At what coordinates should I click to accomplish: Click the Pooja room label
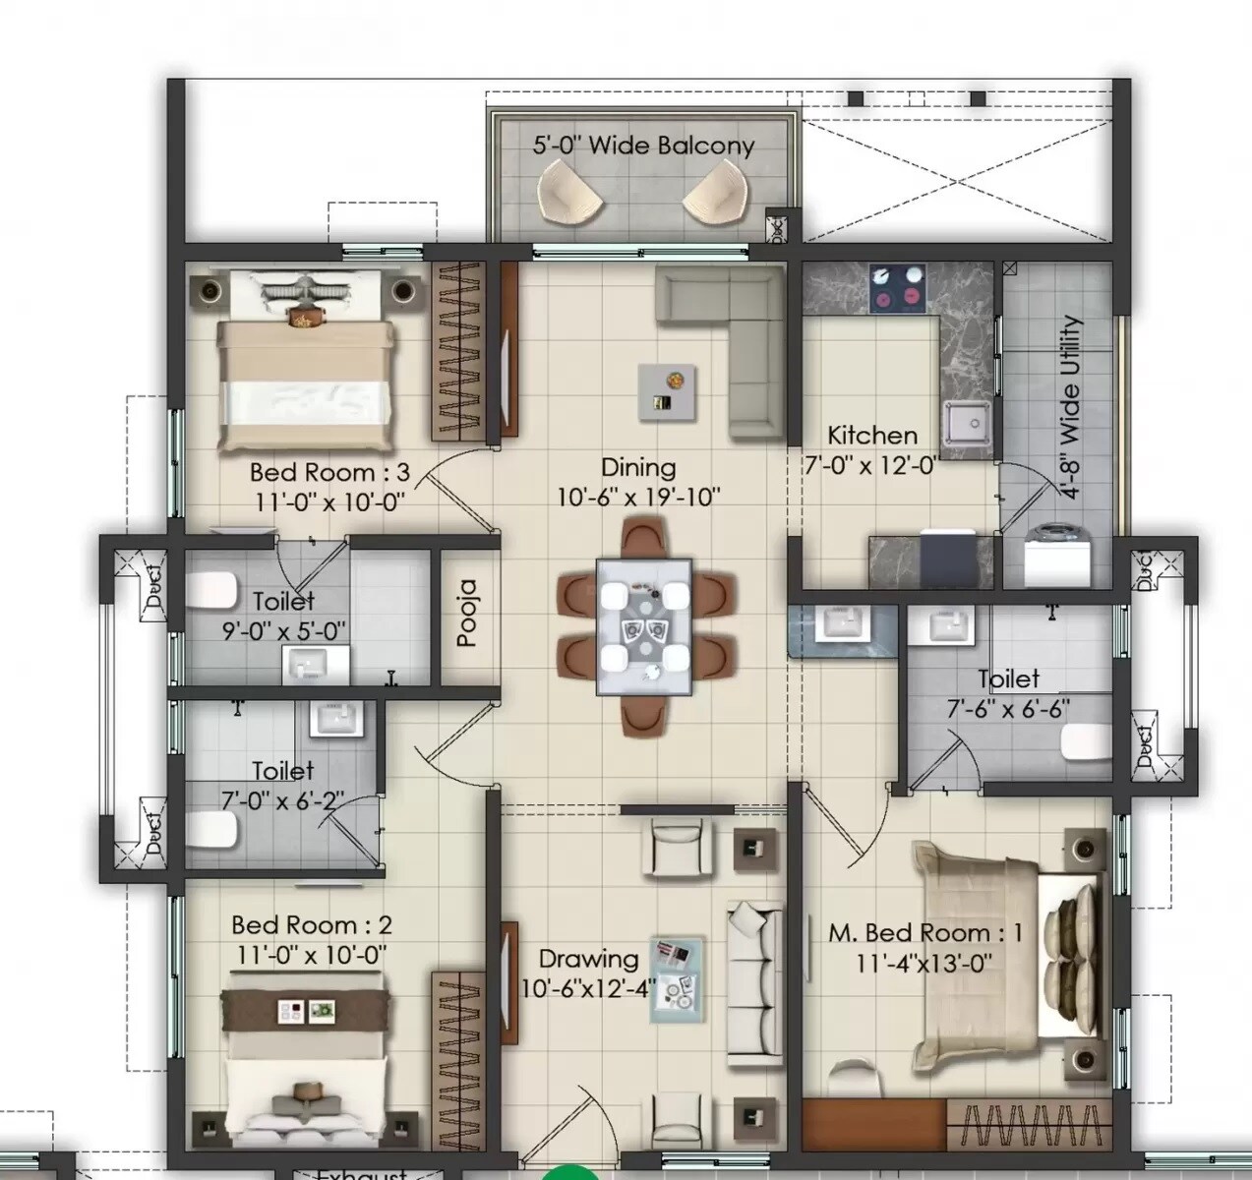pyautogui.click(x=467, y=613)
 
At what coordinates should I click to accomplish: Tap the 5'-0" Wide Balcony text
pyautogui.click(x=643, y=146)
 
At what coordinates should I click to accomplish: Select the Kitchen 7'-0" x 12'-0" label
pyautogui.click(x=871, y=449)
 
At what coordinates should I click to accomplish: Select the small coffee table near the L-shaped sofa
pyautogui.click(x=668, y=390)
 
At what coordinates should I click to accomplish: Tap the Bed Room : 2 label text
pyautogui.click(x=312, y=924)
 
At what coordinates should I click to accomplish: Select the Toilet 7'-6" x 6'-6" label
pyautogui.click(x=1008, y=693)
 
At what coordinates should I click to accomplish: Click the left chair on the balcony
pyautogui.click(x=570, y=192)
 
